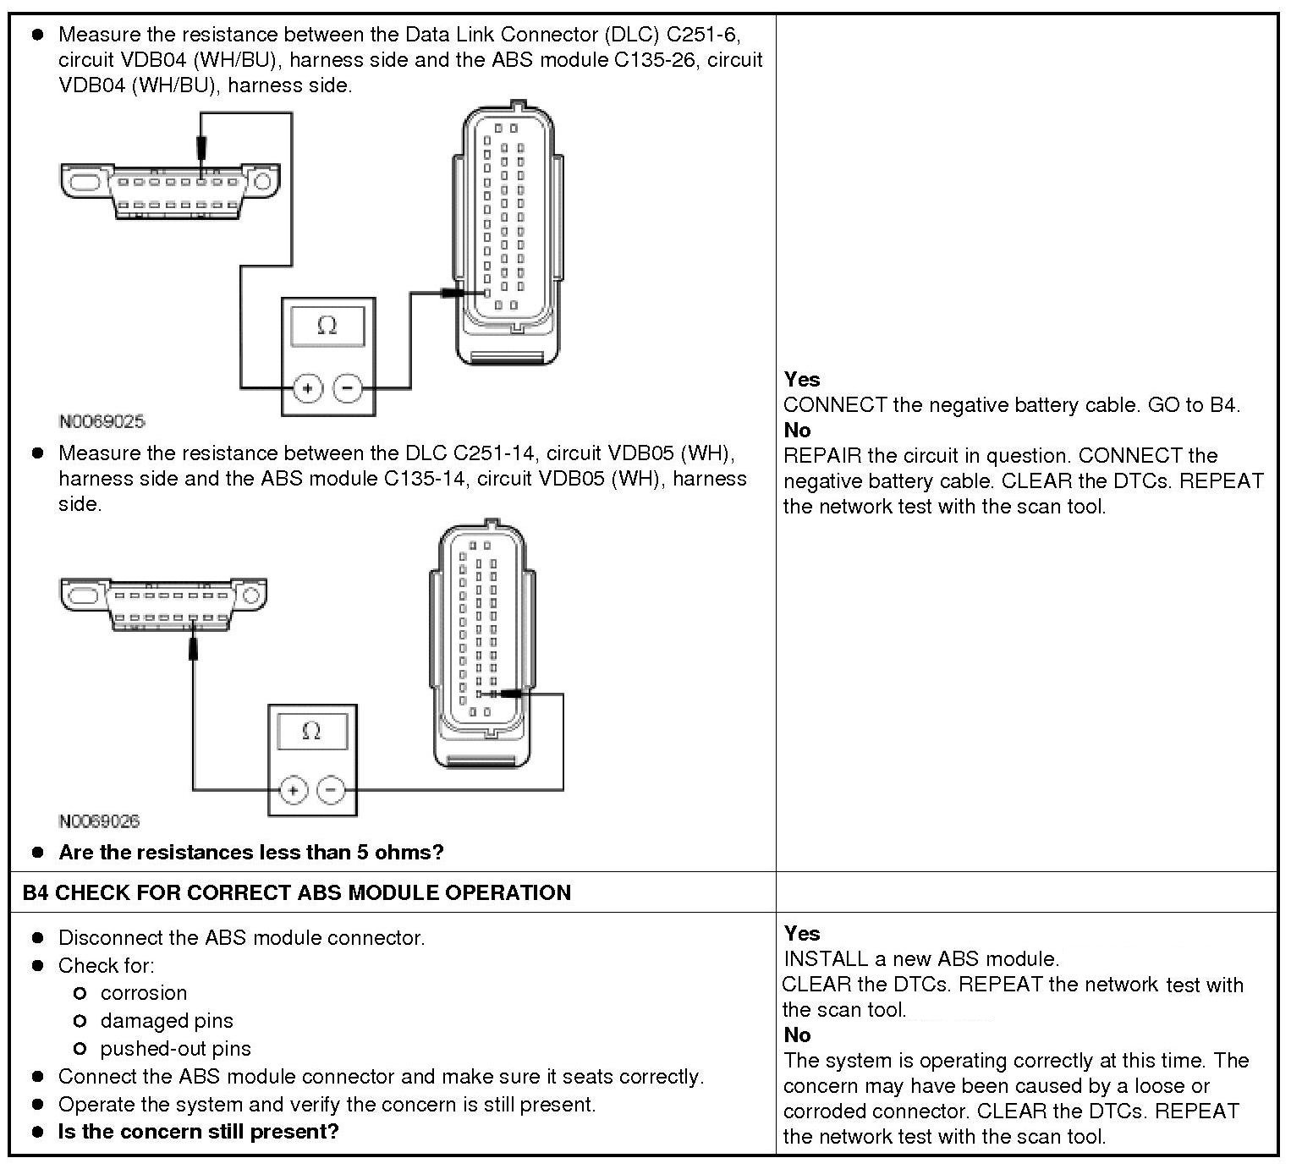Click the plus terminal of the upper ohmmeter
307,388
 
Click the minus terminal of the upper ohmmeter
348,388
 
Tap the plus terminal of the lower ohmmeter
293,790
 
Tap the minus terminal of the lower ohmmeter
331,790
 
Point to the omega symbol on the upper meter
327,326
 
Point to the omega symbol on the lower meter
311,731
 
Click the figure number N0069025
102,421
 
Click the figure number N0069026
99,821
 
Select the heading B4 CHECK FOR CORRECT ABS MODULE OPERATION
296,893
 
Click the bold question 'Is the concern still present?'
198,1132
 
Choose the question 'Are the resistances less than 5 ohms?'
250,853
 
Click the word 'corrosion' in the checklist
143,993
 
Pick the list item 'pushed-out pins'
175,1049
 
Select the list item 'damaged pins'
167,1021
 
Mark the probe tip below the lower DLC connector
193,650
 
